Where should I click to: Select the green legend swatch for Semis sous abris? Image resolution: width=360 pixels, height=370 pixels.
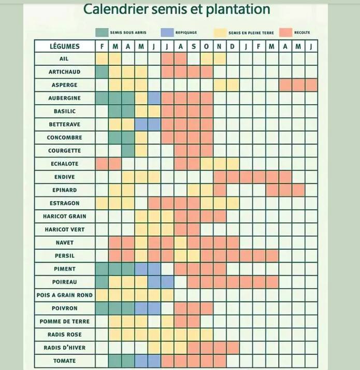click(x=102, y=32)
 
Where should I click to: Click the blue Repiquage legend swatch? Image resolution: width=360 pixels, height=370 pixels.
click(x=167, y=32)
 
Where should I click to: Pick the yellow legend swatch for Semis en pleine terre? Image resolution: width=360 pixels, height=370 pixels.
click(x=221, y=32)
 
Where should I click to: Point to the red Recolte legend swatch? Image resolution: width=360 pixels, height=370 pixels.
click(x=286, y=32)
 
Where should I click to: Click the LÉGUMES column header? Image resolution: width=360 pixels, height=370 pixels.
click(x=65, y=46)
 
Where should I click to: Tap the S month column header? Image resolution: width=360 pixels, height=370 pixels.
click(x=194, y=46)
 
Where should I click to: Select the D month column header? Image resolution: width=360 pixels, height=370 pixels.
click(x=233, y=46)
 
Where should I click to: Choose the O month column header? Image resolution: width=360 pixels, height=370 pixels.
click(x=207, y=46)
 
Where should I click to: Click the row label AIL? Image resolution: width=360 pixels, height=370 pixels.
click(x=65, y=59)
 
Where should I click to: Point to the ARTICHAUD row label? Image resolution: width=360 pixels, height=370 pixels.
click(x=65, y=72)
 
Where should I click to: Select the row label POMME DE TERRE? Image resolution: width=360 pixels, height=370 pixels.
click(x=65, y=321)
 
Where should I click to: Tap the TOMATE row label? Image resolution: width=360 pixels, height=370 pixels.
click(x=65, y=361)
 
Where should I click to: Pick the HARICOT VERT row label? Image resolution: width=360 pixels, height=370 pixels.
click(x=65, y=230)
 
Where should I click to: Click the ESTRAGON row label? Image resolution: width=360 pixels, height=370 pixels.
click(x=65, y=203)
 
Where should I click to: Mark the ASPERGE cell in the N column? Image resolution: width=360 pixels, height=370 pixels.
click(x=220, y=85)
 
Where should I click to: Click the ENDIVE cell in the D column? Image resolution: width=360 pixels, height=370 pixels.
click(x=233, y=177)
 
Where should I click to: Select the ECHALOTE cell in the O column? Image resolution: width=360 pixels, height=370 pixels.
click(x=207, y=164)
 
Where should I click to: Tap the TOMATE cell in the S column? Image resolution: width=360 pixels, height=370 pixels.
click(x=194, y=361)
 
